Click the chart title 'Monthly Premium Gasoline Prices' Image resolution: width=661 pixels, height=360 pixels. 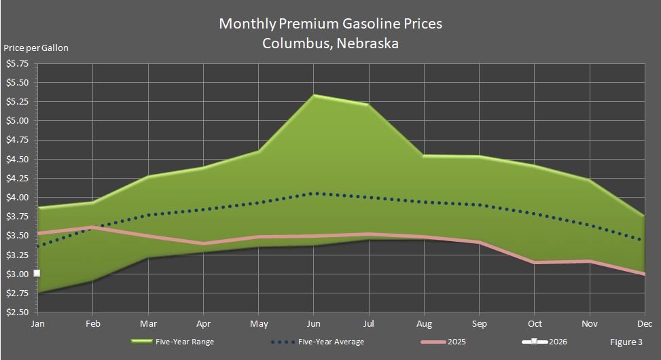330,23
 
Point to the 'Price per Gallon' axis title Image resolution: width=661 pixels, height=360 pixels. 36,48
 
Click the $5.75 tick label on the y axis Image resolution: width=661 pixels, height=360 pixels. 17,64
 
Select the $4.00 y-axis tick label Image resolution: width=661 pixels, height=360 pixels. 17,198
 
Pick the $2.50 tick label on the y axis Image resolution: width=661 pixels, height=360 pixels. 17,313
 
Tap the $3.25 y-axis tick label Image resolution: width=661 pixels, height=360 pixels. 17,255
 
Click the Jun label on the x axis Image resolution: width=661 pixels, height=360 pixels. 314,324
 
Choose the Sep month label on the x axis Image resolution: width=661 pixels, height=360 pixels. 479,324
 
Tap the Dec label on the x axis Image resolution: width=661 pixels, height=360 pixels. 644,324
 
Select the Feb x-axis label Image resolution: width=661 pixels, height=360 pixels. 92,324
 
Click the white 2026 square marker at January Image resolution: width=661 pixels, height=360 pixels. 37,273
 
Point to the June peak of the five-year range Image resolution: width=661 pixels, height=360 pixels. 314,95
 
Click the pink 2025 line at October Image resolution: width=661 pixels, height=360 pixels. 534,262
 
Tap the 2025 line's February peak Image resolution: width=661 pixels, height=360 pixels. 92,227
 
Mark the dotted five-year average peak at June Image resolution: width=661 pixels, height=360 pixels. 314,193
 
